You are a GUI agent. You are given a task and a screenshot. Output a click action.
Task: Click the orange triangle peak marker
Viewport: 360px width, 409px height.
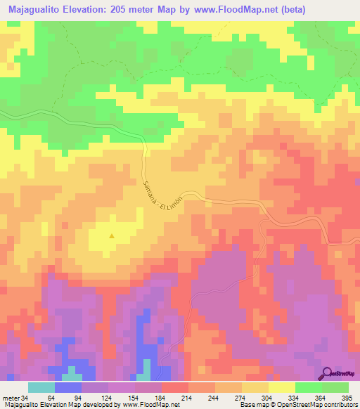coord(111,236)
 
